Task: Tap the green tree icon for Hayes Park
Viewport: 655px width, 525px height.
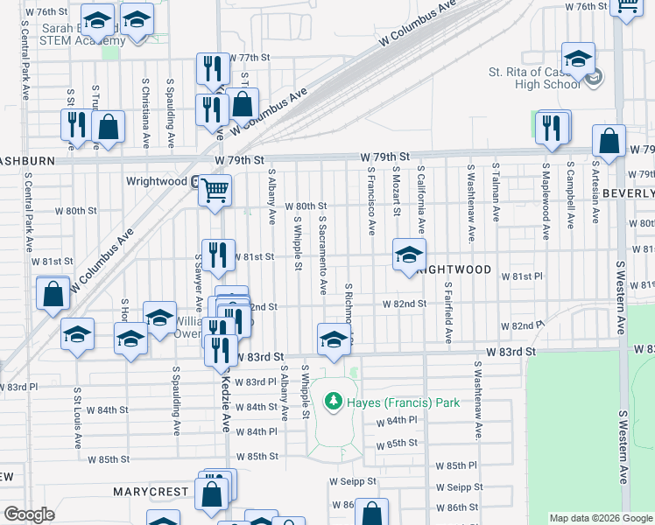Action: point(333,402)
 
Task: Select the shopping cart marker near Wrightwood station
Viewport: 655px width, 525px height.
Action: point(215,190)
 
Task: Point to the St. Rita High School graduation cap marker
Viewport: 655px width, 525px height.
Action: point(578,58)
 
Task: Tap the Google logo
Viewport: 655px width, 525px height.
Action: point(29,514)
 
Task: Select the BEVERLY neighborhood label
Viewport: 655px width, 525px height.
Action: point(629,192)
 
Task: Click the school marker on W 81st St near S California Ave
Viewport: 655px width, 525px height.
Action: point(409,255)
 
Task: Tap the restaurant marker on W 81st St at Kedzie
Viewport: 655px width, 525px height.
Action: point(218,255)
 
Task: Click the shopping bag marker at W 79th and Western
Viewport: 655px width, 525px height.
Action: point(609,141)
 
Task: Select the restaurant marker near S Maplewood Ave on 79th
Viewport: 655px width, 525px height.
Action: point(553,126)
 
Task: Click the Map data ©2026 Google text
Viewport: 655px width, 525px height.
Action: point(601,518)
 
